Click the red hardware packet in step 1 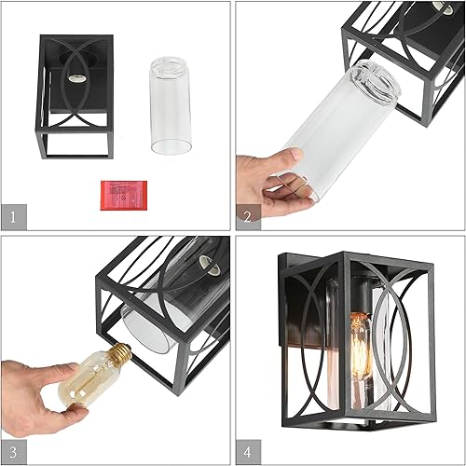pyautogui.click(x=119, y=194)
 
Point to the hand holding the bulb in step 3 pyautogui.click(x=28, y=391)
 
